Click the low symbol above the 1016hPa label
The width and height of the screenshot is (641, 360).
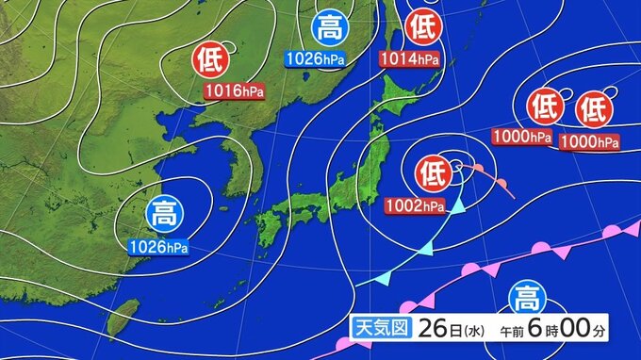click(x=211, y=61)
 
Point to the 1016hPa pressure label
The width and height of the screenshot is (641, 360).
click(x=233, y=91)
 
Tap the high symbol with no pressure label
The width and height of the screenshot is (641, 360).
click(x=523, y=300)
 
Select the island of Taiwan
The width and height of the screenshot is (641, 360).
click(x=122, y=317)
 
